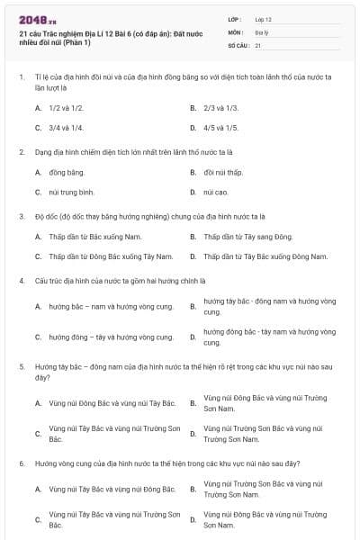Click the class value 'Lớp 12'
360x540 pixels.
tap(264, 18)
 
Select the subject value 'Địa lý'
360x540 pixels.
tap(262, 31)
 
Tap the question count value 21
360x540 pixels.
tap(258, 44)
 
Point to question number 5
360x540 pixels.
tap(21, 368)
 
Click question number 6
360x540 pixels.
tap(21, 463)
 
